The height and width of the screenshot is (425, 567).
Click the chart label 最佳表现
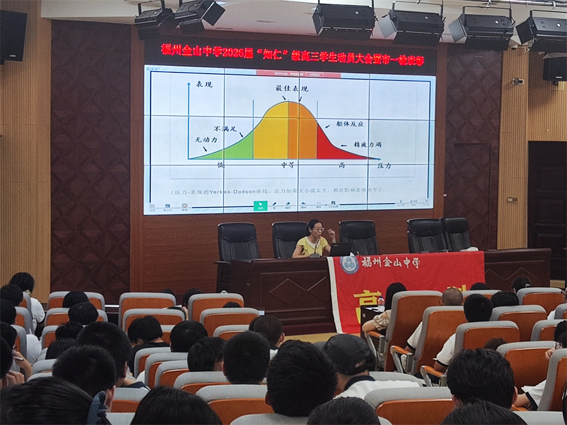point(291,89)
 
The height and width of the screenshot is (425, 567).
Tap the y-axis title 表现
point(203,84)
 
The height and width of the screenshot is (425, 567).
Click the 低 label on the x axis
point(221,165)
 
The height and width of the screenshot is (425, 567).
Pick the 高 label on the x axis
point(341,165)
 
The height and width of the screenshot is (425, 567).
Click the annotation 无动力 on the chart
point(205,139)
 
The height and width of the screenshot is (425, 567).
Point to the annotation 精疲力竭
point(367,144)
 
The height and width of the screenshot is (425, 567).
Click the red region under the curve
point(334,150)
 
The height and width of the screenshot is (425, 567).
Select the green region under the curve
point(236,150)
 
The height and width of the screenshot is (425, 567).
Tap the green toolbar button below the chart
point(260,205)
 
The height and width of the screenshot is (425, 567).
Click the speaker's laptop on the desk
point(341,249)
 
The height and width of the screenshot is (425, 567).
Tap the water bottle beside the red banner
point(381,303)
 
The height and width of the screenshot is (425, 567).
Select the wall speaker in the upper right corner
point(554,69)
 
